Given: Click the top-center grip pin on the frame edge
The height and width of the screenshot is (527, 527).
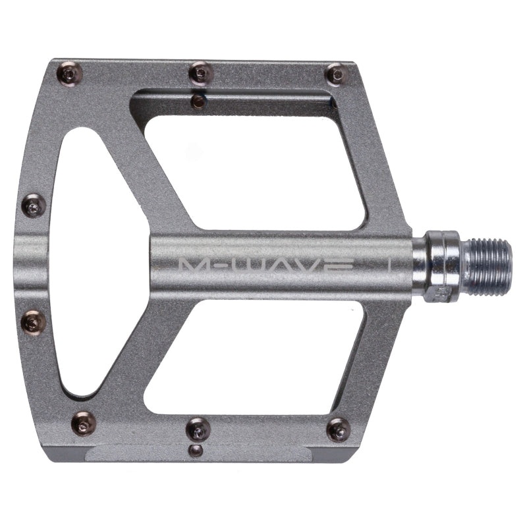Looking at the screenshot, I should pyautogui.click(x=200, y=72).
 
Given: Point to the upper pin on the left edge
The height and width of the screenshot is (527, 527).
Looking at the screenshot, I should pyautogui.click(x=34, y=207).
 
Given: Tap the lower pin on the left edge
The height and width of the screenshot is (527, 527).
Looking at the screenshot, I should pyautogui.click(x=34, y=322).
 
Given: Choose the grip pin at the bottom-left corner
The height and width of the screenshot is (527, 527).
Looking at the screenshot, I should pyautogui.click(x=84, y=424).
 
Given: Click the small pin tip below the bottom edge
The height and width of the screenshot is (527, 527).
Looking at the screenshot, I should pyautogui.click(x=195, y=450).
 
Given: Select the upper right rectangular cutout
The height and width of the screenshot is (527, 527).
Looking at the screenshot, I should pyautogui.click(x=263, y=165).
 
